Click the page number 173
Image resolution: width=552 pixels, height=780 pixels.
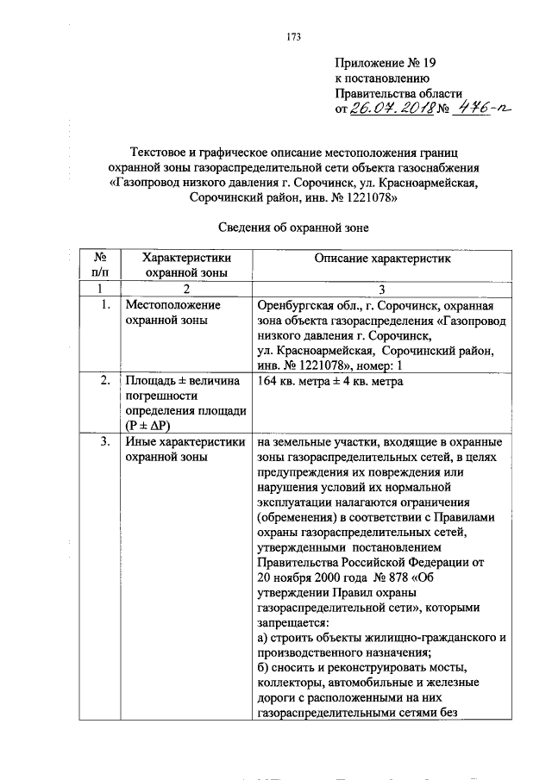coord(292,36)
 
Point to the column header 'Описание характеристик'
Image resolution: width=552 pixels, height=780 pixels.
coord(382,258)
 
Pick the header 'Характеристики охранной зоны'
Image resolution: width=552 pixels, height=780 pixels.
coord(186,265)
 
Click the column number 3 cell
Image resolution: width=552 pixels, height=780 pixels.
coord(382,289)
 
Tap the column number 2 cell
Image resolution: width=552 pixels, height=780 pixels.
coord(186,289)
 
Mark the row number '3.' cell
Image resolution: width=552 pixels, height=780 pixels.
coord(104,442)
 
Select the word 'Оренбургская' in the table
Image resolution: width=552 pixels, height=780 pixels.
coord(294,305)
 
